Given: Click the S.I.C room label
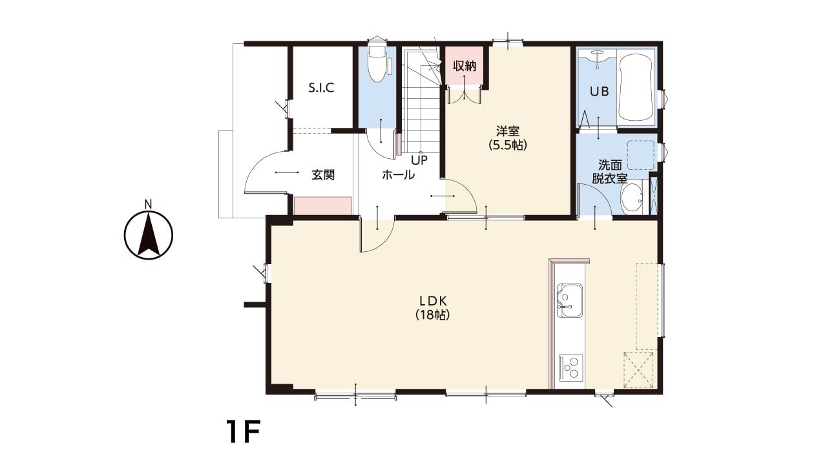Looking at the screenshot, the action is pos(321,88).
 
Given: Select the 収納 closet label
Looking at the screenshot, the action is pos(465,66).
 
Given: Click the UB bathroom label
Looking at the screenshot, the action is pos(599,91).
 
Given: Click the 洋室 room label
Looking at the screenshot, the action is pos(508,131).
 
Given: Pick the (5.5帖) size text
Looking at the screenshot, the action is pos(508,145).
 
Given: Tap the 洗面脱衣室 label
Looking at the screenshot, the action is pos(609,171).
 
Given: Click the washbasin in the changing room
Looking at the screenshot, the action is pos(632,198).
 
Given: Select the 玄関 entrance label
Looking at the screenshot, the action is pos(323,174).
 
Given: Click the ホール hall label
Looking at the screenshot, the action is pos(398,174).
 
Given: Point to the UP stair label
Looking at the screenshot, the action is pos(419,160).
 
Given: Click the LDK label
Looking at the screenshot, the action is pos(433,300).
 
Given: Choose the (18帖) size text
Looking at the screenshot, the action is pos(433,315).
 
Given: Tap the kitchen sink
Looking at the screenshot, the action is pos(570,300).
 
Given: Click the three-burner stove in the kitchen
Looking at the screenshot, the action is pos(571,367).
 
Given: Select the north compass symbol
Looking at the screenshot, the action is pos(149,232).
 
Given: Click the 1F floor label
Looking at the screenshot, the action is pos(244,431).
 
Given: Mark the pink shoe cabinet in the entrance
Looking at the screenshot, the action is pos(322,205).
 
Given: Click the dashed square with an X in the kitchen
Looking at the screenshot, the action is pos(638,370).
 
